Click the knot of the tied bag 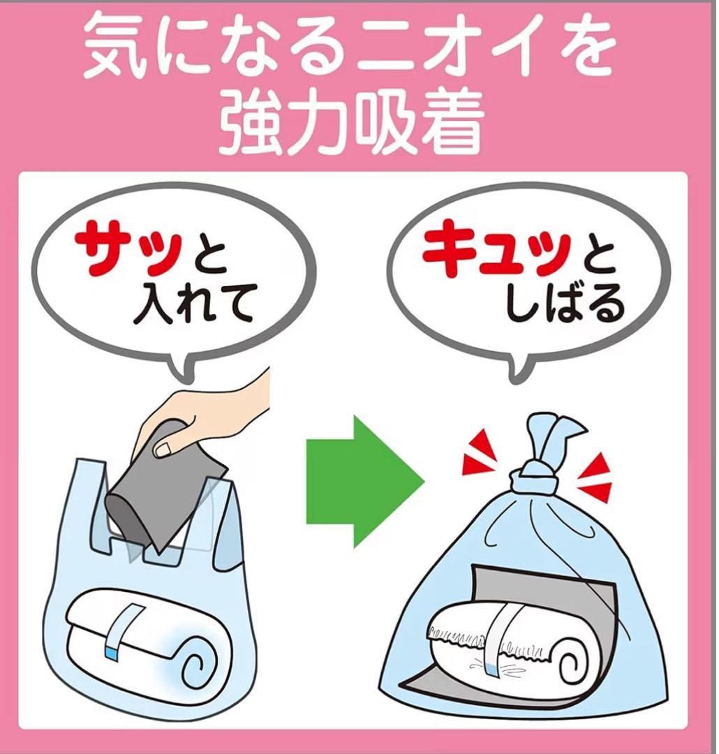coord(534,479)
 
